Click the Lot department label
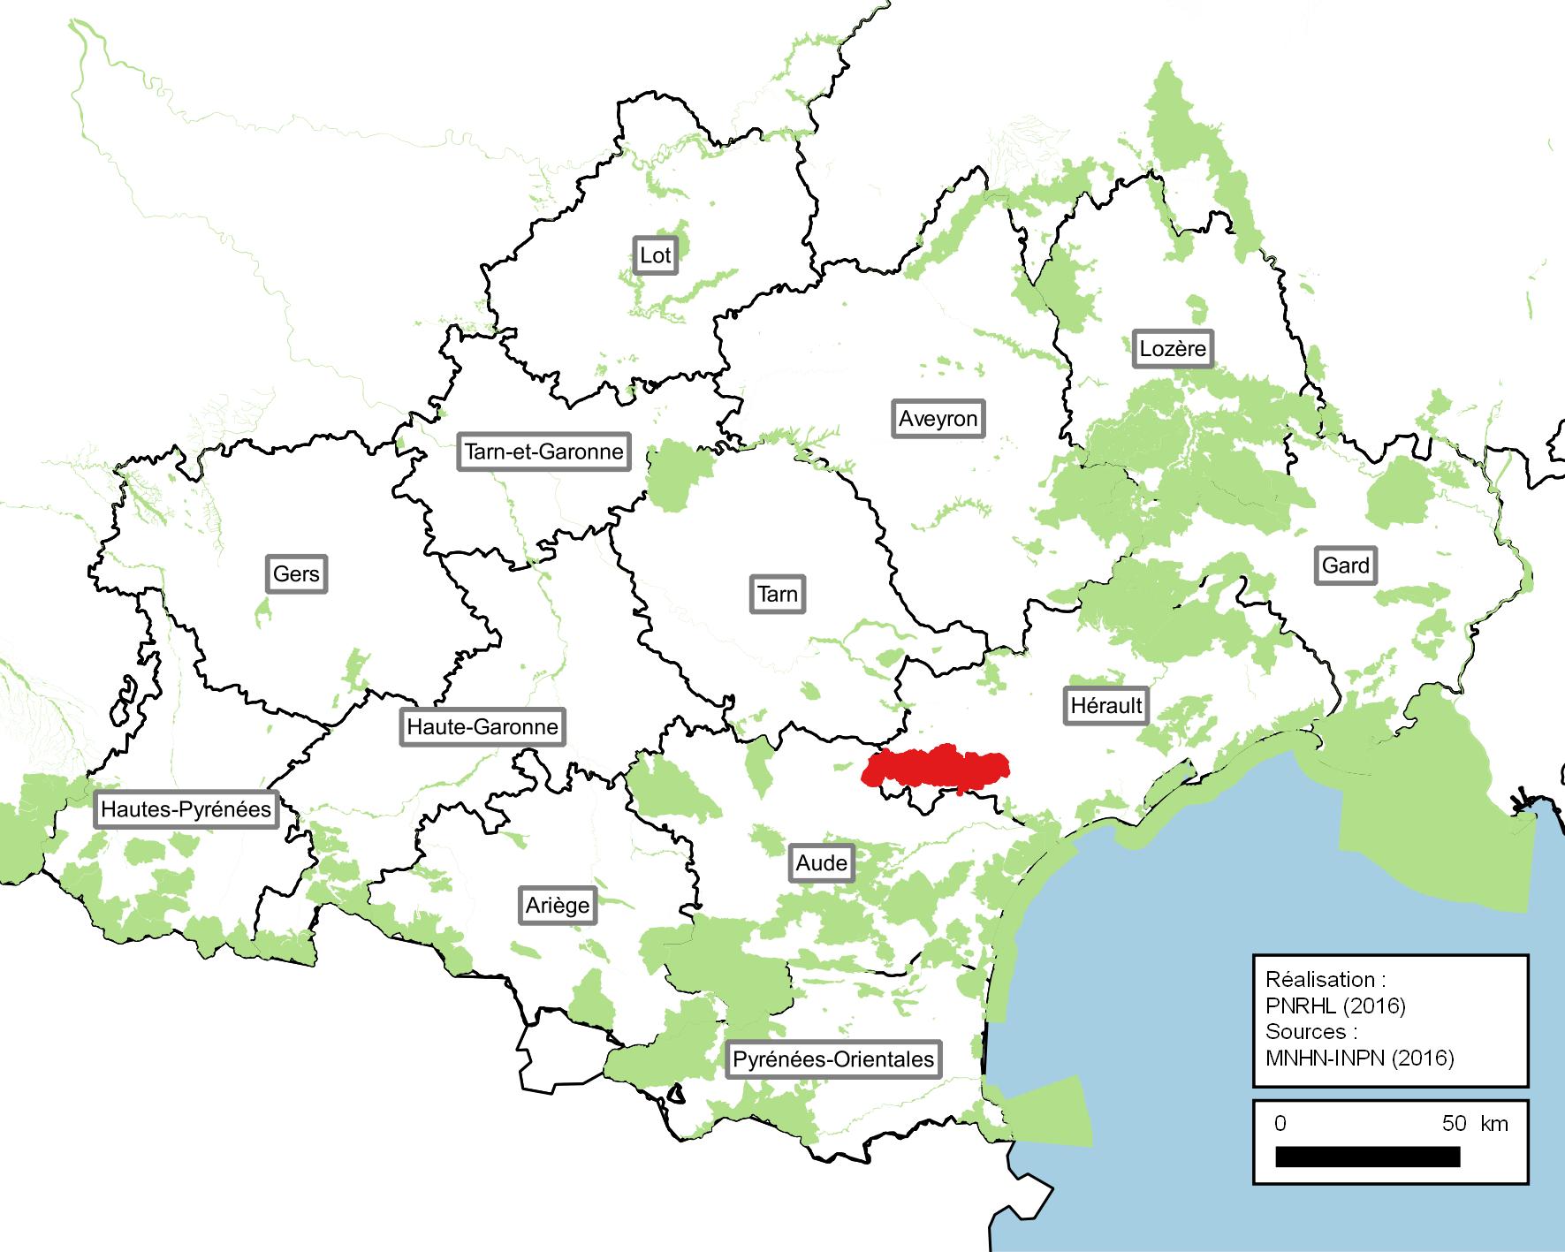655,256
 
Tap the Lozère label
1172,348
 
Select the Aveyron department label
938,418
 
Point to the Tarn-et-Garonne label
543,452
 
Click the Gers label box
296,574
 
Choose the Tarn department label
778,594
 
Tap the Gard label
1345,565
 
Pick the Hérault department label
1106,706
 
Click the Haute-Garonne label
482,727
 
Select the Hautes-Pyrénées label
186,809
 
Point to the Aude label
822,863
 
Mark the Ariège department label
558,906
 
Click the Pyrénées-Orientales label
832,1059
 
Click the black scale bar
1367,1156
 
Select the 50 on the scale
1454,1123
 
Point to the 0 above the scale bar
1280,1123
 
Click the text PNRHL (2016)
1335,1005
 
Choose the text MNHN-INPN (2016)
1359,1057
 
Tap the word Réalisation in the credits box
1320,980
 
